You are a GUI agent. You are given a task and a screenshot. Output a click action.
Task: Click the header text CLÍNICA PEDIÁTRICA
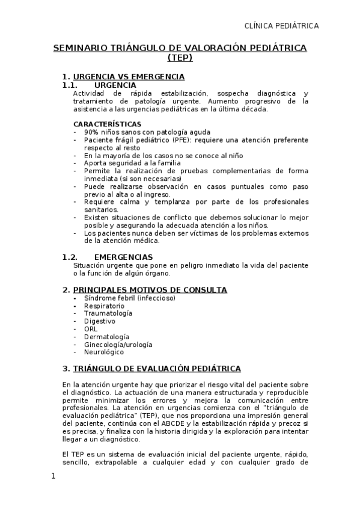pos(281,25)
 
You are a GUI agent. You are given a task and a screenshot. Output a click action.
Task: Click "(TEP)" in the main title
pos(180,58)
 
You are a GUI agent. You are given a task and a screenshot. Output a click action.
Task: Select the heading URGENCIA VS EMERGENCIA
pos(128,76)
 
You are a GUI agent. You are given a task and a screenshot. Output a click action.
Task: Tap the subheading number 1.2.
pos(71,257)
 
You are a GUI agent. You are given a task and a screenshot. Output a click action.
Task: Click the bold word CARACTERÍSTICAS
pos(107,124)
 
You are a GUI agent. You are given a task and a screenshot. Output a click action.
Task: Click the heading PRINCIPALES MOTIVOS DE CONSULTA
pos(150,290)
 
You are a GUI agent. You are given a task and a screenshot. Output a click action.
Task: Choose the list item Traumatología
pos(108,313)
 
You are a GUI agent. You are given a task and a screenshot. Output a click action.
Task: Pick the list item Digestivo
pos(100,321)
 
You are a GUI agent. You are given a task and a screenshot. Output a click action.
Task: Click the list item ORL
pos(90,329)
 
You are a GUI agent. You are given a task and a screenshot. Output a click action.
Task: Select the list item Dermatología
pos(106,337)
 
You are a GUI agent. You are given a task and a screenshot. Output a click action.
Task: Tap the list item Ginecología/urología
pos(118,345)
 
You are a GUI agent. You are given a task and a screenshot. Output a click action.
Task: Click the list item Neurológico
pos(103,352)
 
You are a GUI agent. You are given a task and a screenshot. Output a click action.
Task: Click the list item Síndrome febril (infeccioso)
pos(129,298)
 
